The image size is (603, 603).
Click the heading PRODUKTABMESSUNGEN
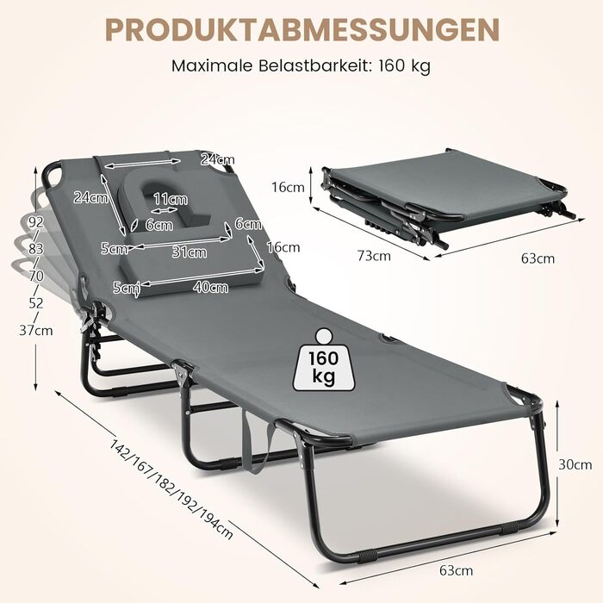pos(301,28)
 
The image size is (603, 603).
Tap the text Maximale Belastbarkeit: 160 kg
pos(301,65)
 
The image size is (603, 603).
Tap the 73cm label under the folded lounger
pos(375,256)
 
